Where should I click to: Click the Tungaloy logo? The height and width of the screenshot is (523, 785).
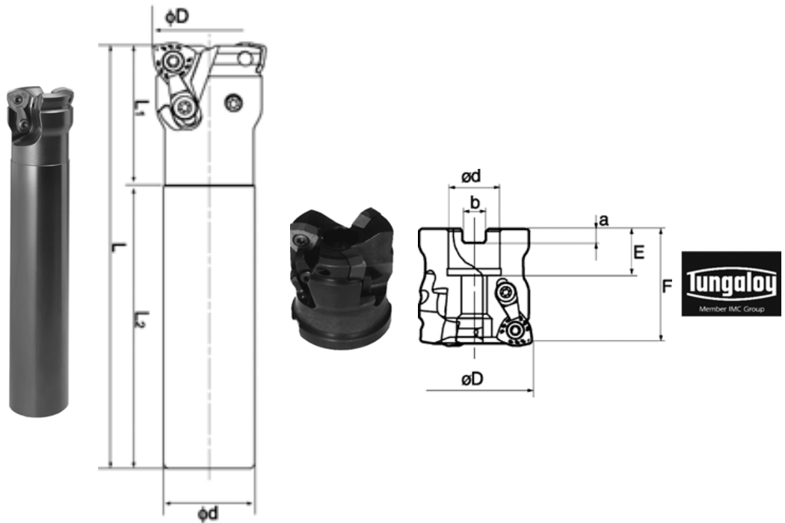(731, 284)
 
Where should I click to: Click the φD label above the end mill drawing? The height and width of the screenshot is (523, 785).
(177, 16)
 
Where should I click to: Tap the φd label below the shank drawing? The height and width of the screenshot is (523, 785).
(208, 513)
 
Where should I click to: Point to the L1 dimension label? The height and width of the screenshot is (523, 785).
(141, 108)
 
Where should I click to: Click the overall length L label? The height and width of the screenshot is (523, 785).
(118, 247)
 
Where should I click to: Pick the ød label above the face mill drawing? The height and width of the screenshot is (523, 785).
(470, 176)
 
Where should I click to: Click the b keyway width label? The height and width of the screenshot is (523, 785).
(475, 202)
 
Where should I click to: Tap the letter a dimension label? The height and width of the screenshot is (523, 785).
(604, 220)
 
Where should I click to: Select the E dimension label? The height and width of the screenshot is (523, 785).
(638, 253)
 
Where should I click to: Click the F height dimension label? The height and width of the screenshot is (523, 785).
(667, 286)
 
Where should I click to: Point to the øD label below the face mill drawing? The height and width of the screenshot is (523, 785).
(472, 379)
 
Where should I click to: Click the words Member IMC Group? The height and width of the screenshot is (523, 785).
(731, 309)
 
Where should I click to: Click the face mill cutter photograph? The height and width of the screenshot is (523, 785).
(342, 279)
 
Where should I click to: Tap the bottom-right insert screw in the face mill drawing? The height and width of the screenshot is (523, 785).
(515, 330)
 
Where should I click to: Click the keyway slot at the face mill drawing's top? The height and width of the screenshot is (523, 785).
(475, 236)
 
